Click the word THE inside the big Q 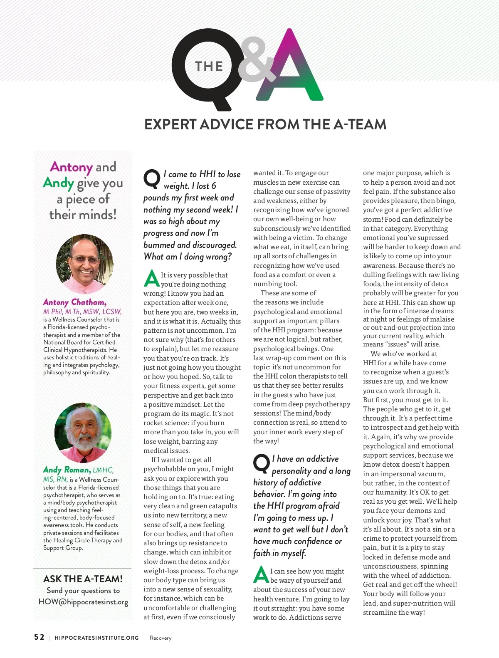(x=209, y=67)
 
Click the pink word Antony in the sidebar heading (x=71, y=167)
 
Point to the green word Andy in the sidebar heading (x=58, y=183)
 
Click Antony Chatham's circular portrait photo (x=85, y=264)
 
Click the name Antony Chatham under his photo (x=75, y=302)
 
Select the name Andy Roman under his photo (x=67, y=470)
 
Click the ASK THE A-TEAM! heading (x=83, y=579)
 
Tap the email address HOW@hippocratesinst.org (x=83, y=602)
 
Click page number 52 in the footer (x=39, y=637)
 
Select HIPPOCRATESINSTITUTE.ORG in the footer (x=96, y=638)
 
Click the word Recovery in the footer (x=161, y=638)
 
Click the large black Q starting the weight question (x=151, y=178)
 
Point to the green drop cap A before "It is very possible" (x=151, y=279)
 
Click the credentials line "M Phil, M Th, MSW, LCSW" (x=82, y=312)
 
